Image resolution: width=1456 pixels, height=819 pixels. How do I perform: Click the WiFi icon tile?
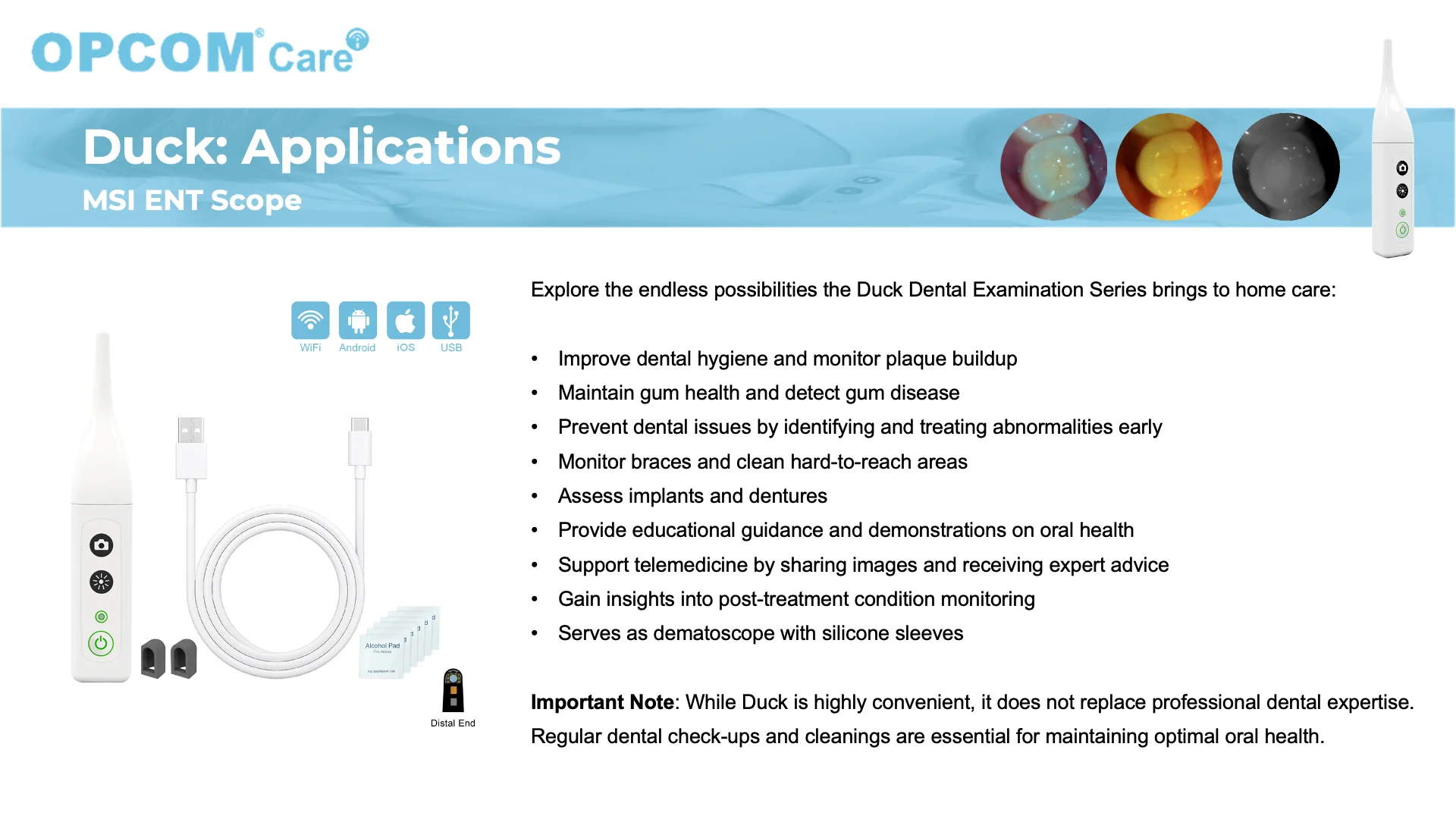coord(310,320)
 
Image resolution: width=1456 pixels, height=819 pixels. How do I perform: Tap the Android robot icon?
coord(358,320)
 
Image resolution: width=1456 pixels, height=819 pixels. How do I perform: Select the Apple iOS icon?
coord(406,320)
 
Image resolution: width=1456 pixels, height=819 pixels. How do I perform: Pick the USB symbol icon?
coord(451,320)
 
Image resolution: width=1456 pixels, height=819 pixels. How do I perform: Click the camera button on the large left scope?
coord(101,545)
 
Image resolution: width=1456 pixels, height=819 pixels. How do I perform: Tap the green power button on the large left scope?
coord(101,644)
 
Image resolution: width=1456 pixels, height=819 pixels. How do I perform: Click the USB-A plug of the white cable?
coord(191,447)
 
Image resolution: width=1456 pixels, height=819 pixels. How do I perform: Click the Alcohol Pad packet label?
coord(382,646)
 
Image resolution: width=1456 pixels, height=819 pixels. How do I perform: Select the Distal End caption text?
coord(453,723)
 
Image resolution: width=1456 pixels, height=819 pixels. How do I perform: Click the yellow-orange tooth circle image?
coord(1169,167)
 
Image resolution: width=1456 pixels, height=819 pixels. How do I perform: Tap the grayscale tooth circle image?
coord(1286,167)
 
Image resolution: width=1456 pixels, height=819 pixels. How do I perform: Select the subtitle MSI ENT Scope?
coord(192,200)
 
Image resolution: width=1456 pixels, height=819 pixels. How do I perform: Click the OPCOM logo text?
coord(144,52)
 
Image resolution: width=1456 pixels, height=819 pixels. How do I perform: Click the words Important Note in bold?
coord(602,702)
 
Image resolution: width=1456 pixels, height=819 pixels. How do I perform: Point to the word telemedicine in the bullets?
coord(698,565)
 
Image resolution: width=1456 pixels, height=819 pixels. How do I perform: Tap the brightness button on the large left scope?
coord(101,582)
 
